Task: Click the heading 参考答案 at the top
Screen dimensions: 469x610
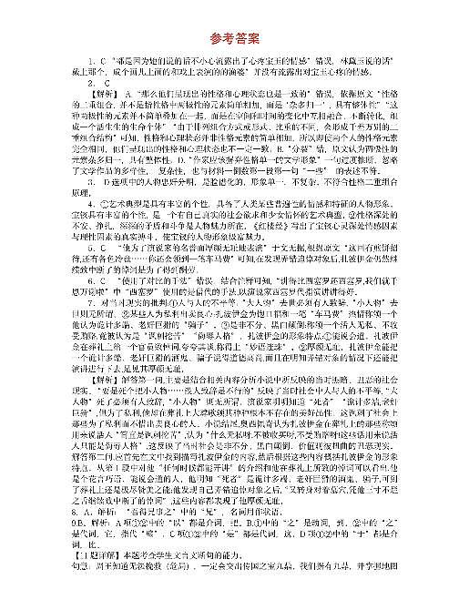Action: [234, 39]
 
